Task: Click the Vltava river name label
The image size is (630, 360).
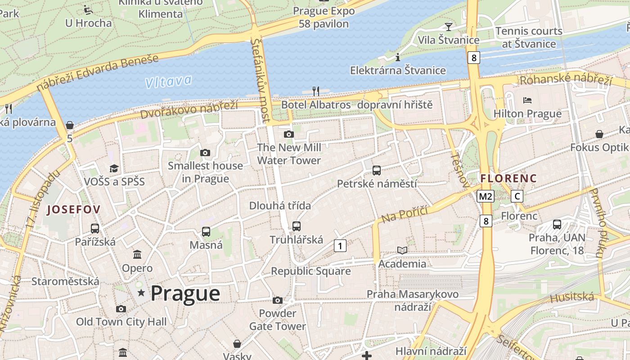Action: (168, 81)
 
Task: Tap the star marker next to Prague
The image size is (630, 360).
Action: (141, 293)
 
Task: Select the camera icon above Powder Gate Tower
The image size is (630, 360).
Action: (278, 300)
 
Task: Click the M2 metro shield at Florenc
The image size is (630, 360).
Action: (486, 196)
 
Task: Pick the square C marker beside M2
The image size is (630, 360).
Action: (517, 196)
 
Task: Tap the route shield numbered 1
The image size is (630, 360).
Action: (340, 246)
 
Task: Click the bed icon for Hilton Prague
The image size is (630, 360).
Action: (527, 100)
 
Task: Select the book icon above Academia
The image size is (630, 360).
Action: (402, 250)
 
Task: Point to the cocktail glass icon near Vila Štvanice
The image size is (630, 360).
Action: (448, 27)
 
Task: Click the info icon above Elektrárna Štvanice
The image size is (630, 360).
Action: (397, 57)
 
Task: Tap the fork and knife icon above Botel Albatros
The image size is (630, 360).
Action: (315, 91)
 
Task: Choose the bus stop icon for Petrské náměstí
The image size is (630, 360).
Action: (377, 171)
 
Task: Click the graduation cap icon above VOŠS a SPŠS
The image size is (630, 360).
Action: (114, 168)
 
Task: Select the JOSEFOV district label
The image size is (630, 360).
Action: (73, 209)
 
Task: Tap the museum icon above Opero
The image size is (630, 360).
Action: (137, 255)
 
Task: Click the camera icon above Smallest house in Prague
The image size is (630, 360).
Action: (205, 153)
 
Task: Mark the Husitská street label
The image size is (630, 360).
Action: (572, 297)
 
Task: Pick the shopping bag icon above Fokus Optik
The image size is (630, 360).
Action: (599, 134)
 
